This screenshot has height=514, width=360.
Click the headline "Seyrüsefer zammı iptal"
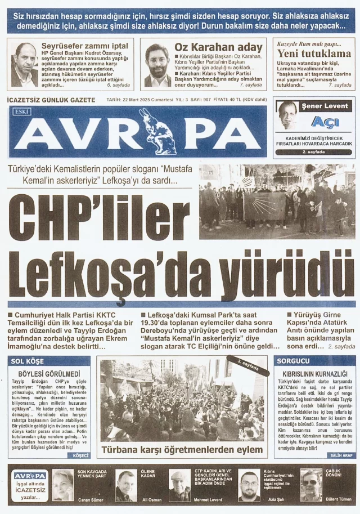tap(85, 46)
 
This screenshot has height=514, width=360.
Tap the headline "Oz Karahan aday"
tap(218, 47)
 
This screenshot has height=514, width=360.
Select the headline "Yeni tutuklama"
tap(314, 54)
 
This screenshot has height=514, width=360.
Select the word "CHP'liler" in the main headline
tap(99, 217)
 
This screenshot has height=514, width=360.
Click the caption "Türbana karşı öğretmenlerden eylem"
tap(182, 450)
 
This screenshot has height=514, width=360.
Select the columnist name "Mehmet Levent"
tap(209, 499)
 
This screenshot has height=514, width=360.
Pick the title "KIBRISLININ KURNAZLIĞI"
tap(316, 373)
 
